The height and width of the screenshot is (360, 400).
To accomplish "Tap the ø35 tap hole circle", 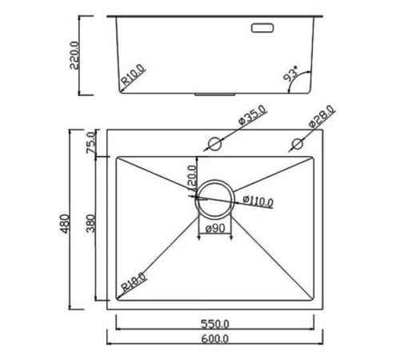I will [x=214, y=144].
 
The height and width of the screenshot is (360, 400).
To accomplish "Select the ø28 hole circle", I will [x=297, y=144].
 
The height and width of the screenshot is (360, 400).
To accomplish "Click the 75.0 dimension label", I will [x=91, y=141].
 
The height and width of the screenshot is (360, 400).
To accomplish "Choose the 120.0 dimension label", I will [x=192, y=174].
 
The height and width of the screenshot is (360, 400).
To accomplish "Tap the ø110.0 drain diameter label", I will [x=257, y=200].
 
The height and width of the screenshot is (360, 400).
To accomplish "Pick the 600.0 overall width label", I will [x=215, y=339].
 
